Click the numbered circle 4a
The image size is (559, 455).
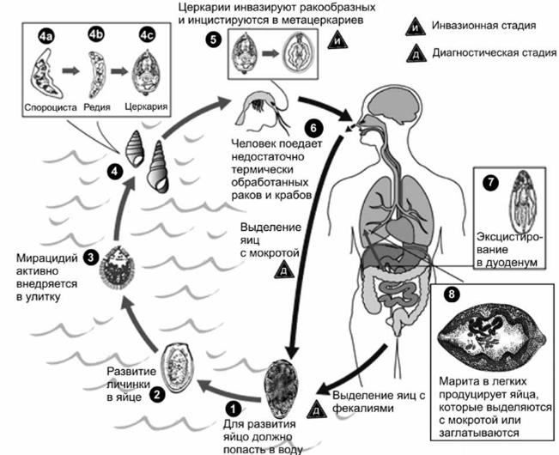(x=46, y=37)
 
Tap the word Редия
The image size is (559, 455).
(x=97, y=107)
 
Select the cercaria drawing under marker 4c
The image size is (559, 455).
(x=146, y=72)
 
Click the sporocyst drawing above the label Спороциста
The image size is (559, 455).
(x=46, y=74)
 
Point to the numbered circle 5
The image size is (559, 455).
(x=213, y=39)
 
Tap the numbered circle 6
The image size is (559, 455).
(x=313, y=128)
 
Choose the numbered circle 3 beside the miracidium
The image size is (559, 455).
(x=90, y=258)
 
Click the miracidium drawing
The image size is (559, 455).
(x=118, y=267)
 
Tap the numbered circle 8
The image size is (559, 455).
(x=452, y=294)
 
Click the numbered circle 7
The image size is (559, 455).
(x=491, y=183)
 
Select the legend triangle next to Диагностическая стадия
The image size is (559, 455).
(x=416, y=54)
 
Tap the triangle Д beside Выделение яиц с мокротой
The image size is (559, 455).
(x=284, y=270)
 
